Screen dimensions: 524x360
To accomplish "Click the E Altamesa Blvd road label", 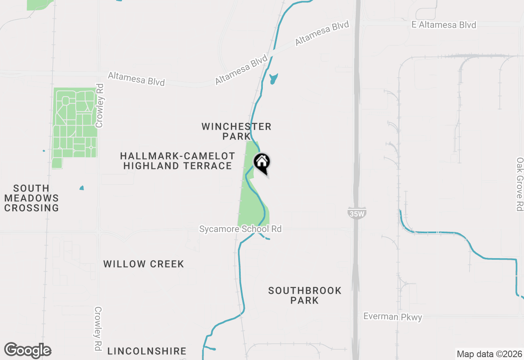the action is pos(444,25).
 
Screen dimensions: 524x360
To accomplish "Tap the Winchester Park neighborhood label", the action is pos(236,131).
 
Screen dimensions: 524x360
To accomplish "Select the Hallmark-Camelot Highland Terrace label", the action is pos(178,161).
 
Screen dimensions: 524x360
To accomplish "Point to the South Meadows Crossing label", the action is pos(32,198).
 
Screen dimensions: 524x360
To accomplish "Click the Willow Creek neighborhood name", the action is pos(144,264).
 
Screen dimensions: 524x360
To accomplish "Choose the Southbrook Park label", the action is pos(305,295).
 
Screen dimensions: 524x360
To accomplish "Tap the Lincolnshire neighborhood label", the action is pos(147,351).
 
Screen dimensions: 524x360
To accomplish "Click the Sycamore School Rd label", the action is pos(240,229).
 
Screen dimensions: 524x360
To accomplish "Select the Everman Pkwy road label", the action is pos(393,317).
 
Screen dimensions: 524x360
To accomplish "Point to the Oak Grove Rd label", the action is pos(519,184).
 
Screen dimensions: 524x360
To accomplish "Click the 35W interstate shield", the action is pos(356,213).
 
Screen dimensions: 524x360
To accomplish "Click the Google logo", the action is pos(27,351).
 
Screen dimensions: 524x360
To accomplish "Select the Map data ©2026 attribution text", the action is pos(489,354).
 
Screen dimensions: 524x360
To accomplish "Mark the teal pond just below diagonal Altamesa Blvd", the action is pos(273,78).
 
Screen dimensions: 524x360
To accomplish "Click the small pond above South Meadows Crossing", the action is pos(81,188).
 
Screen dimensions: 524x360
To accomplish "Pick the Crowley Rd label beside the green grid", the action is pos(99,106).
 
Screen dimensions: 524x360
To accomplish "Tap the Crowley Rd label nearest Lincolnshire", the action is pos(98,328).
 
